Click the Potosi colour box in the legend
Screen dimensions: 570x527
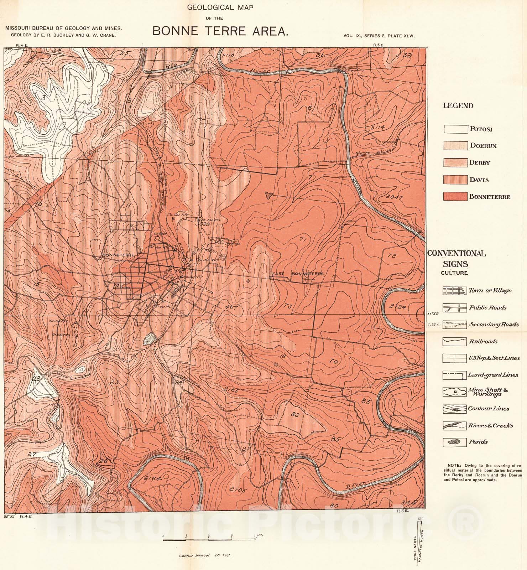pos(455,129)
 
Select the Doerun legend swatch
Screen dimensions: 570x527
pos(455,146)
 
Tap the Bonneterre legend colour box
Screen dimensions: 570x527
pos(455,197)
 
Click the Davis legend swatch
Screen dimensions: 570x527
pos(455,180)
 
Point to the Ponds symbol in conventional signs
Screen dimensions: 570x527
pos(454,442)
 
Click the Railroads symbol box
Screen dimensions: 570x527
pos(454,342)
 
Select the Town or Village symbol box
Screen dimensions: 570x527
pos(454,291)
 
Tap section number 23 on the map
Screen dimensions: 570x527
pos(114,382)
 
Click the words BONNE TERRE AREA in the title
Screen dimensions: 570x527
pos(220,31)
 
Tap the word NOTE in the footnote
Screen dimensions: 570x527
pos(454,465)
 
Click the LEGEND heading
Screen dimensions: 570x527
pos(458,105)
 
